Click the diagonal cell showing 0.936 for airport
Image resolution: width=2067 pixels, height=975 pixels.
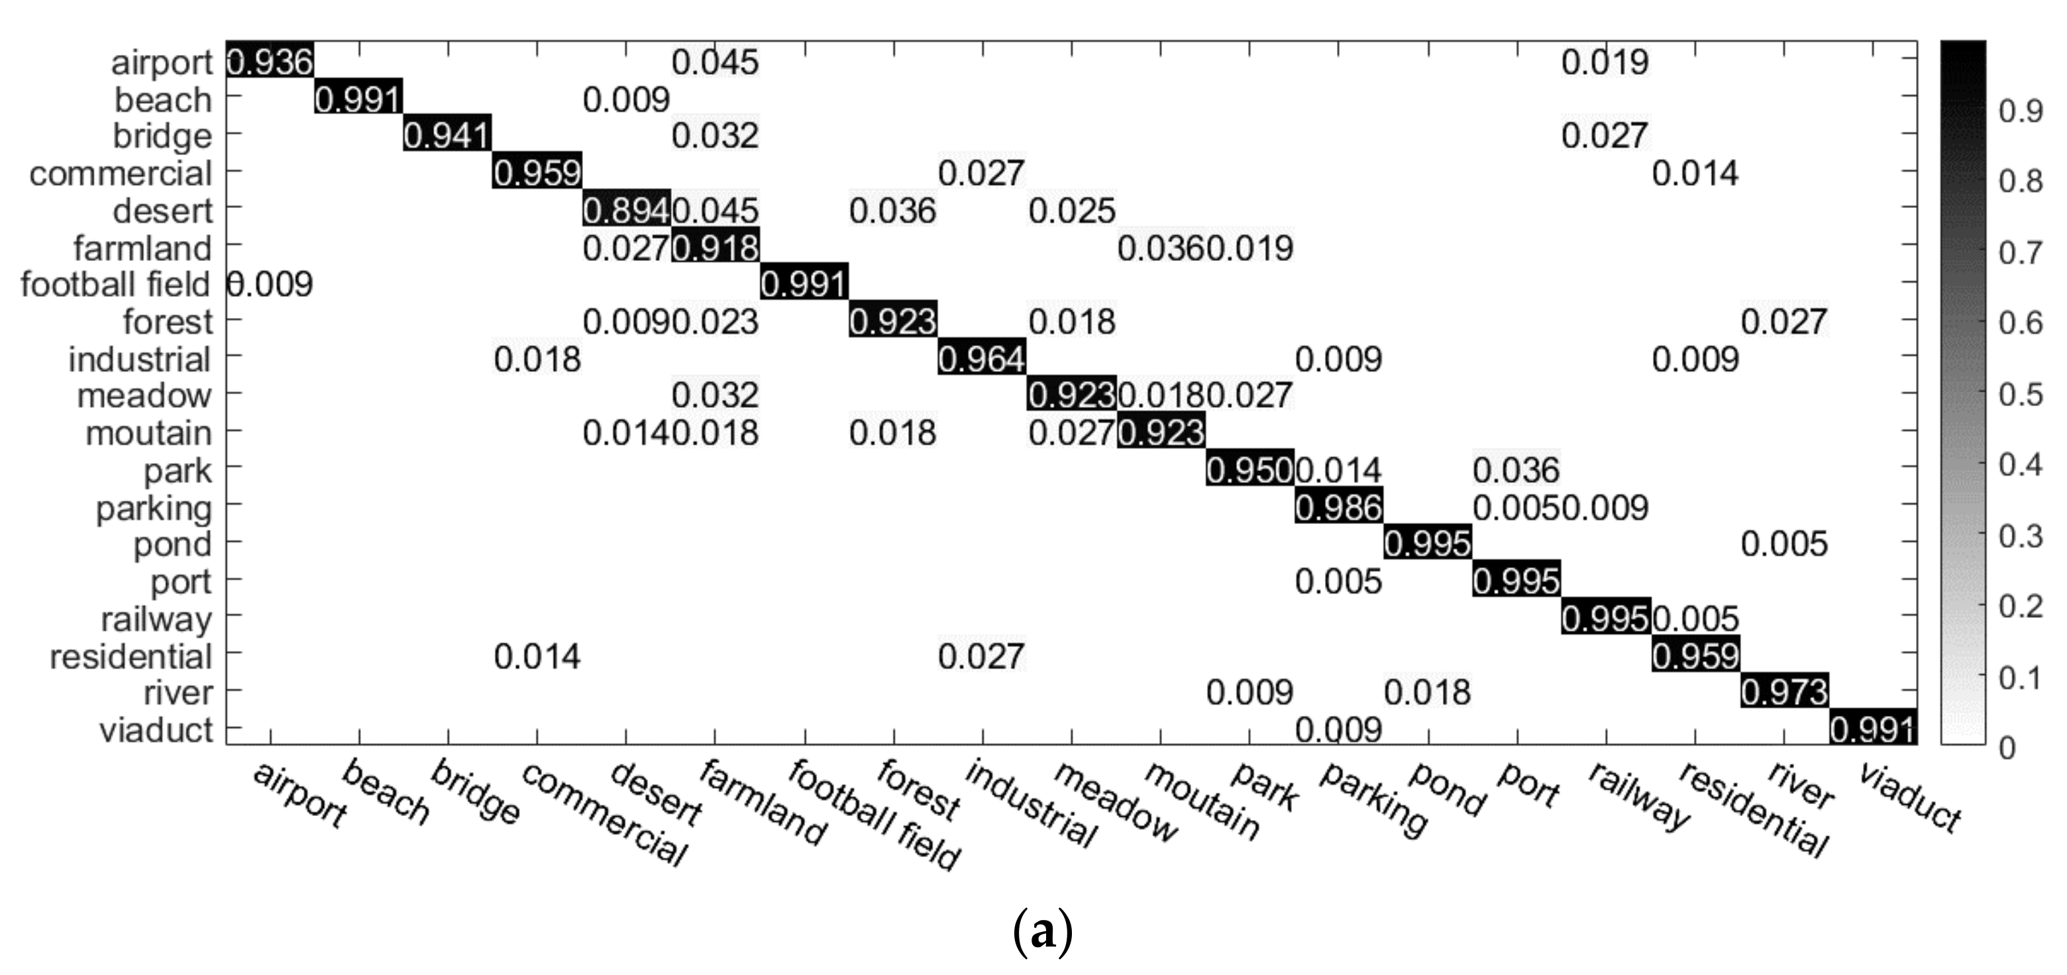(x=270, y=62)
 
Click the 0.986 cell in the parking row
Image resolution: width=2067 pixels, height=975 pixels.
(x=1338, y=507)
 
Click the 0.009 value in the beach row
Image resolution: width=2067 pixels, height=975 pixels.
(x=626, y=99)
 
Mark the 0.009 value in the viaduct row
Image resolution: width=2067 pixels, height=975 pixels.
(x=1338, y=729)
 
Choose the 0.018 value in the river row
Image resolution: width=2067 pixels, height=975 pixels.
(x=1428, y=692)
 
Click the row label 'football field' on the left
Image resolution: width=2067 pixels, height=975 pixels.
(x=115, y=285)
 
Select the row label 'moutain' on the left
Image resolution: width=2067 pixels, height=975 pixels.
(x=148, y=433)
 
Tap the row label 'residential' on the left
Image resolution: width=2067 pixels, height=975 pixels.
(x=131, y=656)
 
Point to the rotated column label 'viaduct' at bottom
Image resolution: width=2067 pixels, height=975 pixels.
(x=1911, y=797)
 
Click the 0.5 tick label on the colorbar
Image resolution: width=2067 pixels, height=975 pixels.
(x=2021, y=394)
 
